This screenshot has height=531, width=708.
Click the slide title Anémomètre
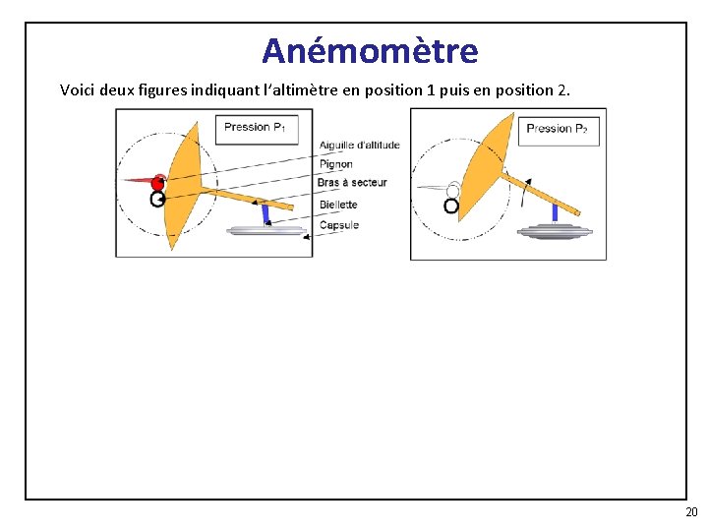click(370, 50)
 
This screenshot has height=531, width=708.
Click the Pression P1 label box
click(257, 130)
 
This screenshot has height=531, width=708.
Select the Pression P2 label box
click(559, 132)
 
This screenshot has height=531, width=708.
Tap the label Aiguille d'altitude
click(360, 145)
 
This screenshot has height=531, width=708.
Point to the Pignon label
click(336, 164)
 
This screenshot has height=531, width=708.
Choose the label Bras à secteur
click(352, 183)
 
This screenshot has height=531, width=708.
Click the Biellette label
click(338, 205)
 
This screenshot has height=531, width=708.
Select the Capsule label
click(339, 225)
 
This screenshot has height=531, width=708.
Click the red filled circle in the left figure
click(157, 183)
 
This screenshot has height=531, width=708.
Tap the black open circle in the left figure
click(157, 199)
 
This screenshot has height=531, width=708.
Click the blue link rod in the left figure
click(265, 214)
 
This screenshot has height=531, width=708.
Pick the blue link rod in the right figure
click(555, 212)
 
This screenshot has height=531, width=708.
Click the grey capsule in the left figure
click(266, 231)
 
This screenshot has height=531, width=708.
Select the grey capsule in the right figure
click(555, 231)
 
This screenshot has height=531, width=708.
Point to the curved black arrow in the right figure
click(526, 193)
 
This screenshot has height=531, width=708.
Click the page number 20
click(691, 512)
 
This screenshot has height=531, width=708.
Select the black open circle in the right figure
click(451, 206)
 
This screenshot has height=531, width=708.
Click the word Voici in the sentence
click(78, 89)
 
